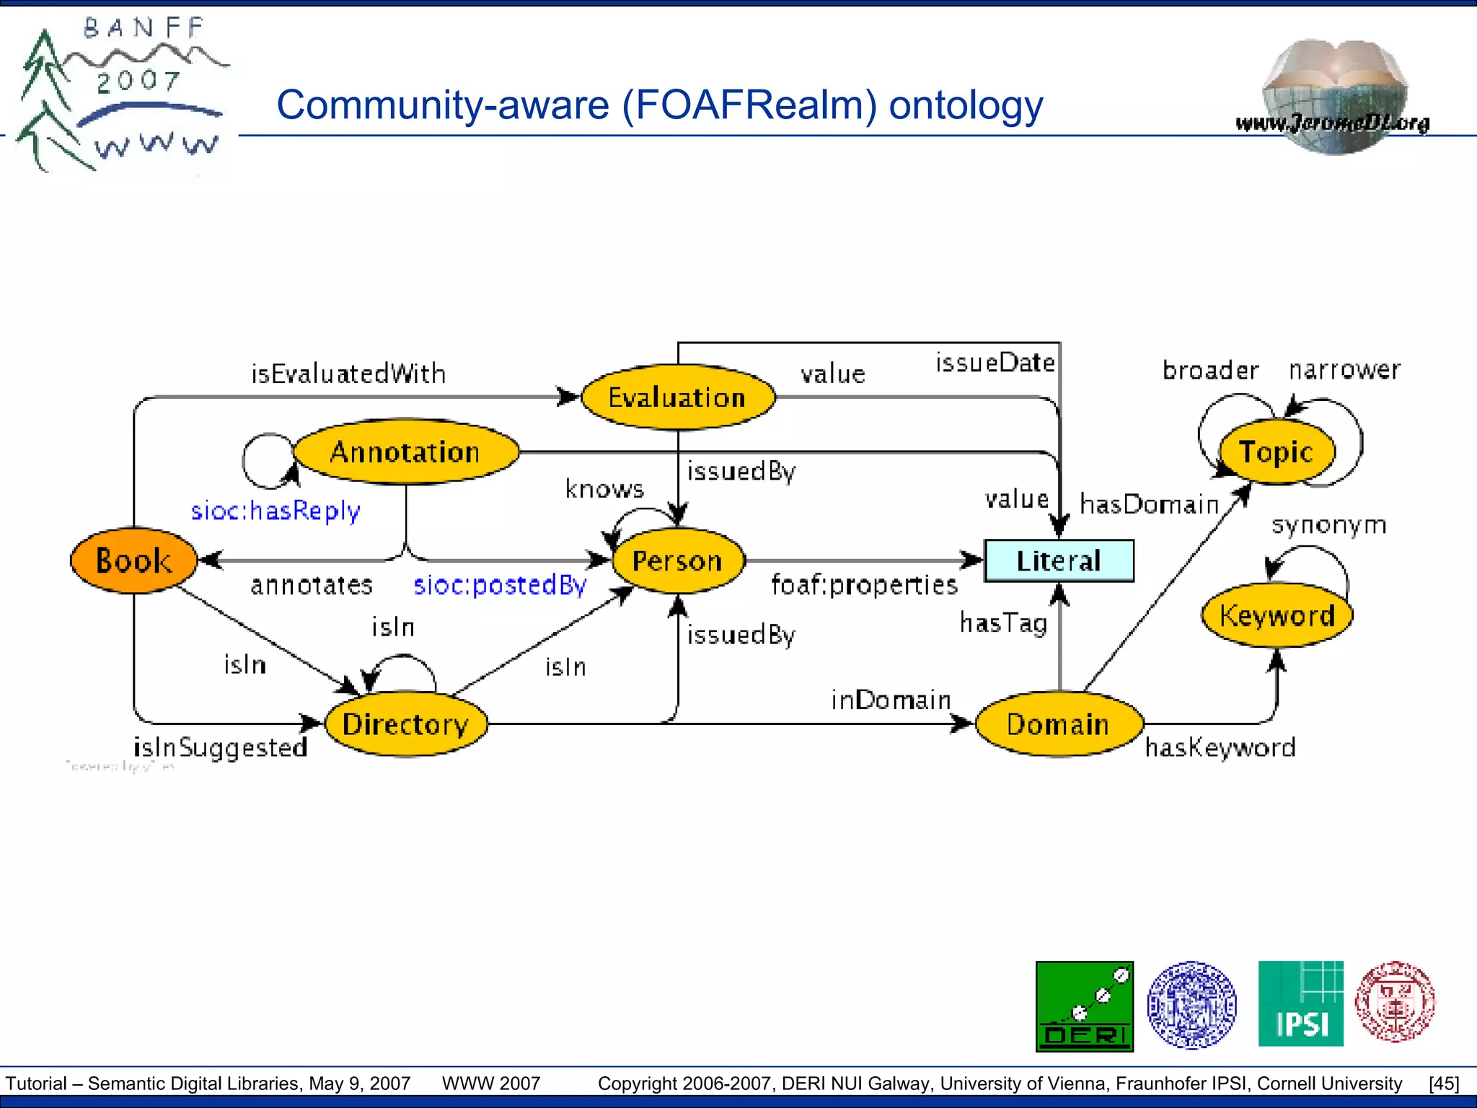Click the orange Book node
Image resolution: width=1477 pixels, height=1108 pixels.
133,560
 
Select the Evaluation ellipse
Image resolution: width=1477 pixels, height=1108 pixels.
677,397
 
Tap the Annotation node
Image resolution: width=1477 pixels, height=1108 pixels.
405,452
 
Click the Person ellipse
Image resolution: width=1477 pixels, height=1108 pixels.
677,560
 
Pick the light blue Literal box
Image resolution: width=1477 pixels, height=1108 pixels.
1059,560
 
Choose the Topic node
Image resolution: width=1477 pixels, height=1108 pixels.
1277,452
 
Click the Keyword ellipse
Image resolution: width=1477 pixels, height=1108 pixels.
1277,615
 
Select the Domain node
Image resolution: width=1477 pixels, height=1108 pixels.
1059,724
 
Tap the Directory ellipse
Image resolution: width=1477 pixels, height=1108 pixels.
405,724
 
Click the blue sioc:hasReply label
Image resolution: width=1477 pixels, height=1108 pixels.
275,511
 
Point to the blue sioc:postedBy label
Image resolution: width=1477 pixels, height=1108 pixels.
500,584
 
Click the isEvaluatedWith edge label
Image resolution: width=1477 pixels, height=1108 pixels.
348,374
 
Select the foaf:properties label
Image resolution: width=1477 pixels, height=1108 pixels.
864,584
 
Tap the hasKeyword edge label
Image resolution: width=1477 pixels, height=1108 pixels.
1220,747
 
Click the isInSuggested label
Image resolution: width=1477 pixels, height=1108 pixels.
221,747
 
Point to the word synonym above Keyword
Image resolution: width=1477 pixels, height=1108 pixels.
1328,524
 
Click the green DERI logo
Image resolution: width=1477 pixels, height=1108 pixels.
1084,1006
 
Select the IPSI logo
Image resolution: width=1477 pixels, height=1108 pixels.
1300,1003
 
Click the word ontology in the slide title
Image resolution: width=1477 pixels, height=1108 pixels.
966,105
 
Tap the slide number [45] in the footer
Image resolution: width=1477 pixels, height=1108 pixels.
1443,1083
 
